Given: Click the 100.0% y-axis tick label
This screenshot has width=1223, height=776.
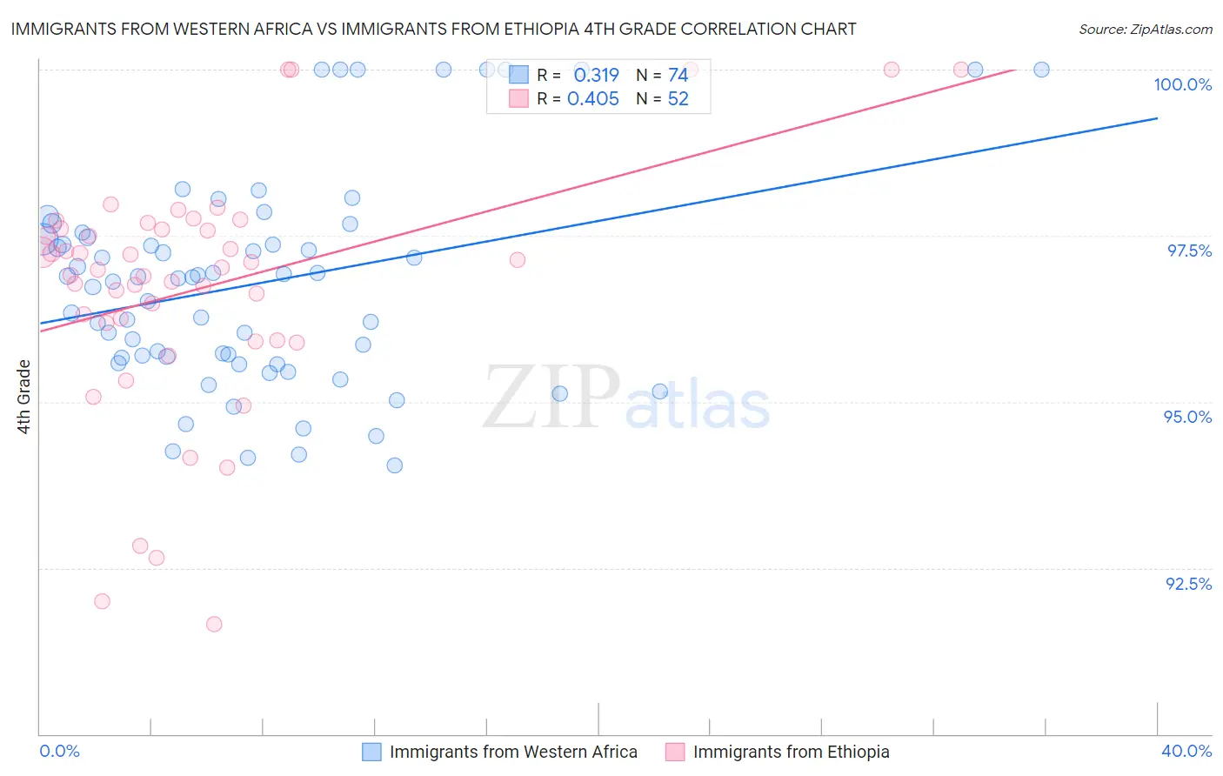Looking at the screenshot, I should [1182, 84].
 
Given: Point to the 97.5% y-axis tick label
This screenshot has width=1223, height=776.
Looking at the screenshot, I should [1188, 251].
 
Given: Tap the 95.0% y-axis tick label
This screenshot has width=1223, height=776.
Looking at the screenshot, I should [1187, 417].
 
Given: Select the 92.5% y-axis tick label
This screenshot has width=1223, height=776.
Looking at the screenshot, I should [1188, 584].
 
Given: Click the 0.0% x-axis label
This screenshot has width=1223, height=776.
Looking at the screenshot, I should [59, 751].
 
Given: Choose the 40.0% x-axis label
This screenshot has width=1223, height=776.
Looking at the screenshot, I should [1186, 751].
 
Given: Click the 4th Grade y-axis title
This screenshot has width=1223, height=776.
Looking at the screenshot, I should [23, 397].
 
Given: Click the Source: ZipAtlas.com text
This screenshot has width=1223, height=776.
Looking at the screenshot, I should [1145, 29].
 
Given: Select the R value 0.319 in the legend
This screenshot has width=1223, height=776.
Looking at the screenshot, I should [596, 76].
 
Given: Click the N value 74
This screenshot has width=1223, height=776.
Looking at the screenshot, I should [678, 76].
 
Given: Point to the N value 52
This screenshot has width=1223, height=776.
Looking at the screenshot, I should [678, 99].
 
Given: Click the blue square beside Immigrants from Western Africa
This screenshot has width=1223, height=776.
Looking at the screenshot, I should [371, 752].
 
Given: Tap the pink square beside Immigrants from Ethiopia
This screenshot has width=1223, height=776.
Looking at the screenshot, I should [675, 752].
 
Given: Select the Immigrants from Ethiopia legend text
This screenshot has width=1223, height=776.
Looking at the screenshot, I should [791, 752].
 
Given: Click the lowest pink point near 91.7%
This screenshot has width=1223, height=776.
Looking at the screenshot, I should [214, 624].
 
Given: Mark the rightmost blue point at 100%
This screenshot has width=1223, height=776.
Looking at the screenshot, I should [1041, 70].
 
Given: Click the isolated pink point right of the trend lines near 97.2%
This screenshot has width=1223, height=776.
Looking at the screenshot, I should [518, 259].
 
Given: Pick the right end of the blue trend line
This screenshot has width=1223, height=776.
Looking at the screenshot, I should [1157, 118].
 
